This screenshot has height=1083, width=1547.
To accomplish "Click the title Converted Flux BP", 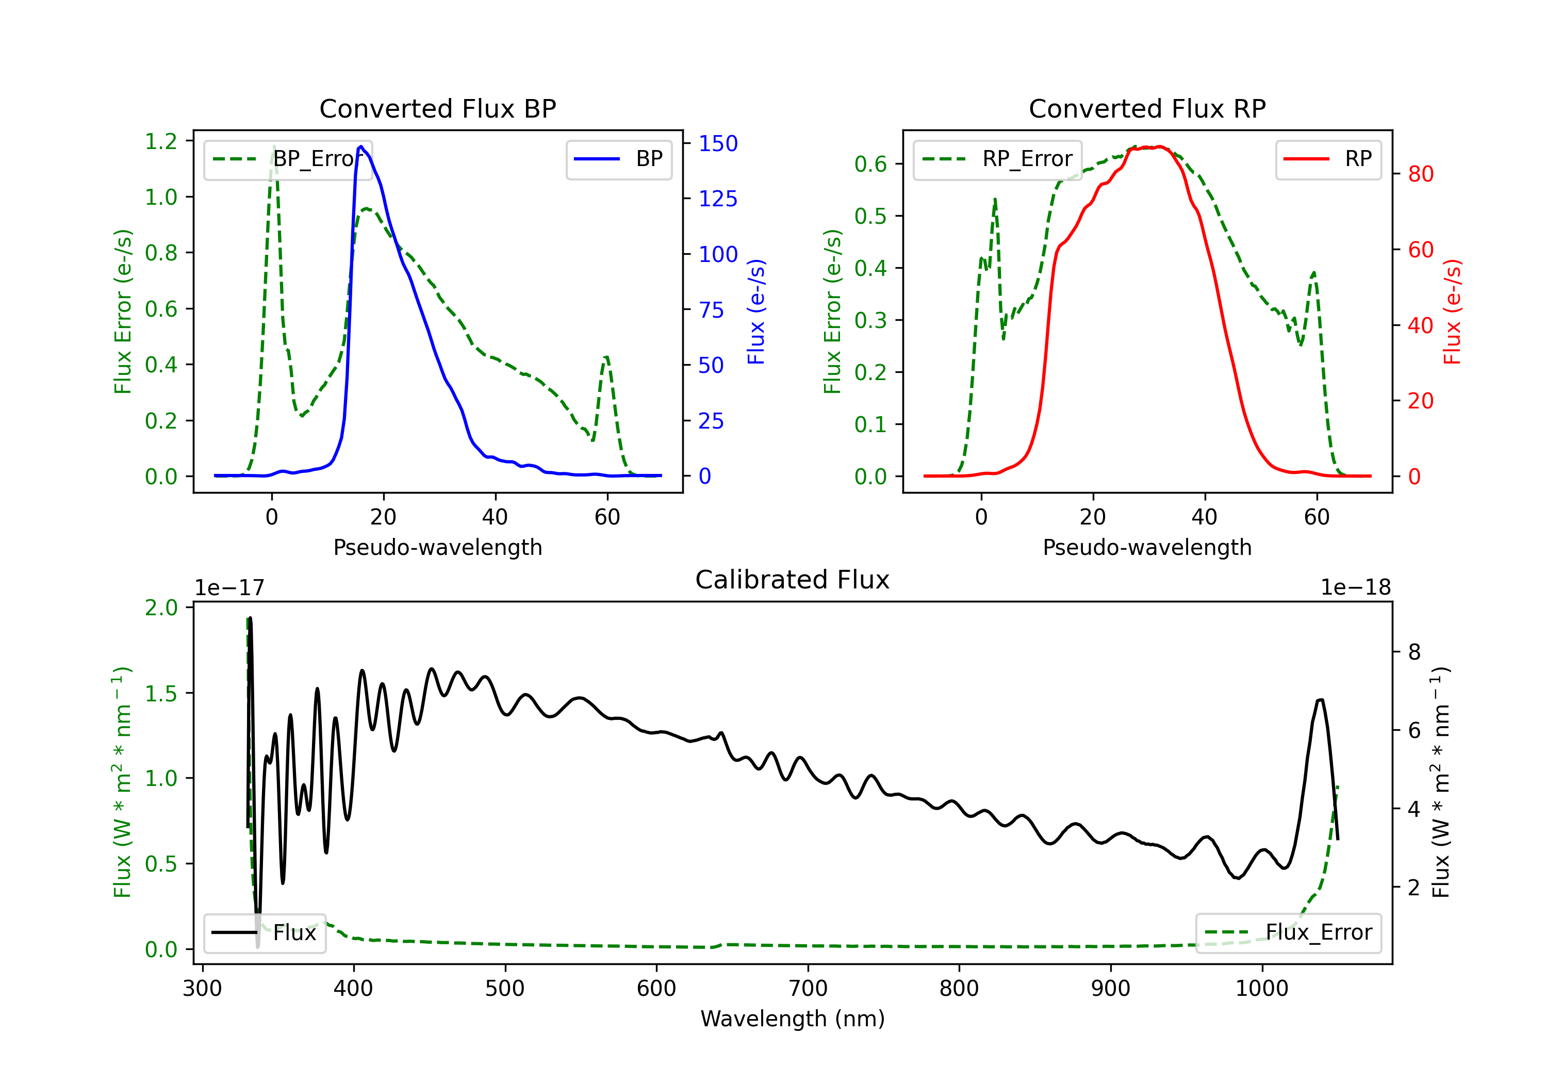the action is (x=438, y=108).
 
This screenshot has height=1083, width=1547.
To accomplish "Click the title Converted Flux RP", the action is (x=1147, y=108).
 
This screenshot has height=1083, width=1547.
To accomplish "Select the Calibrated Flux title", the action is (x=793, y=580).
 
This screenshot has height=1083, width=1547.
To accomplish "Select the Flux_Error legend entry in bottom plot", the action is (x=1288, y=933).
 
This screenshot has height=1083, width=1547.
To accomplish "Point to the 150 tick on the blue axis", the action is (x=718, y=143).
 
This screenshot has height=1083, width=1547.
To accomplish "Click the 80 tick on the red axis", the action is (x=1421, y=174).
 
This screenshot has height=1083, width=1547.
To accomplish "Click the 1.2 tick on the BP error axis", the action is (x=161, y=141).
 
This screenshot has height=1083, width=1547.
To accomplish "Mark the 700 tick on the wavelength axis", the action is (x=808, y=989).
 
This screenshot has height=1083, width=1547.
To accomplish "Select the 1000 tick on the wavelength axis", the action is (x=1262, y=989).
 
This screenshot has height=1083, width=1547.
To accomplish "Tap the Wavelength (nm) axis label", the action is (x=793, y=1019).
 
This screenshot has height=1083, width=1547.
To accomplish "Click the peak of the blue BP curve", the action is (x=361, y=146).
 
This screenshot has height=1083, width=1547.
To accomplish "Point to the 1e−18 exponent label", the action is (x=1356, y=588).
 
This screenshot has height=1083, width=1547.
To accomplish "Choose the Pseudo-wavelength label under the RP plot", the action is (x=1147, y=547).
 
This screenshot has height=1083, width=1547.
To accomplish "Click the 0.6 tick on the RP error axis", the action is (x=870, y=164).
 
